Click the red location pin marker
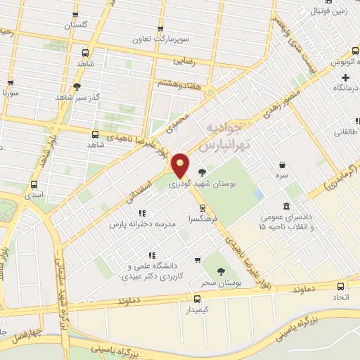(181, 165)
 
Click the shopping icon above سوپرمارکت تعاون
(161, 29)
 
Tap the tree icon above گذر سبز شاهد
(77, 86)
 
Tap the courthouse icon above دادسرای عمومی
(286, 206)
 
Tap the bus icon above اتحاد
(340, 287)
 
